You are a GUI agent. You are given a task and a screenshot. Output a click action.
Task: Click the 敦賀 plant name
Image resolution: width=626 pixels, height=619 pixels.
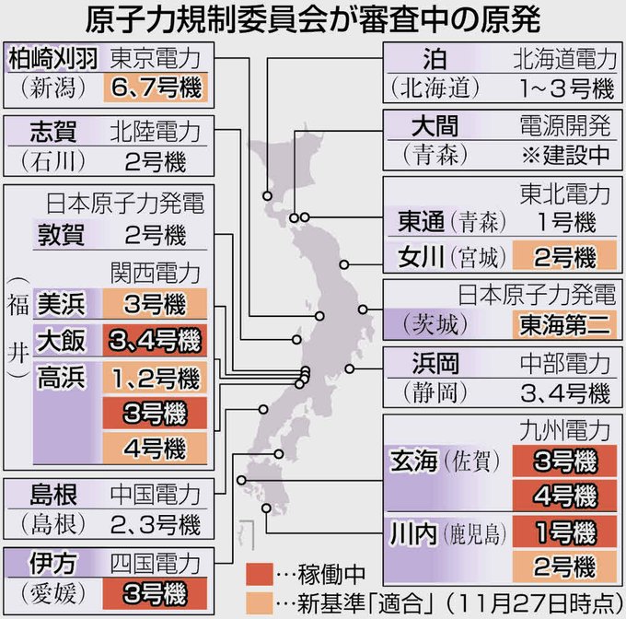(59, 234)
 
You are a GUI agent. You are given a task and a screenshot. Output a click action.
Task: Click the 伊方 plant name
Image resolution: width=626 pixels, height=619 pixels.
(32, 563)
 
